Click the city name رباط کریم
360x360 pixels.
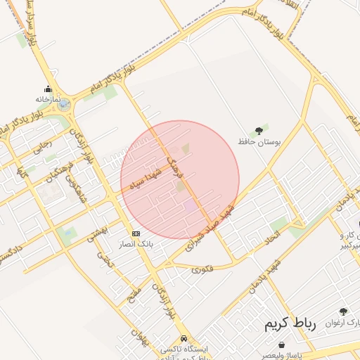click(290, 324)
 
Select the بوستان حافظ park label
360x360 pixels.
click(258, 142)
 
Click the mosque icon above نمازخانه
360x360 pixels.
click(48, 89)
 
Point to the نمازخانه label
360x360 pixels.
click(48, 99)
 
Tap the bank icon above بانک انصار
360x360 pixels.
click(135, 233)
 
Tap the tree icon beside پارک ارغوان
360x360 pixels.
click(342, 312)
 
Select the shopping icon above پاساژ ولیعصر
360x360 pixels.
click(282, 345)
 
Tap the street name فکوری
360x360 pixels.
click(201, 268)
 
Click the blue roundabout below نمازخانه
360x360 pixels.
click(64, 105)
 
